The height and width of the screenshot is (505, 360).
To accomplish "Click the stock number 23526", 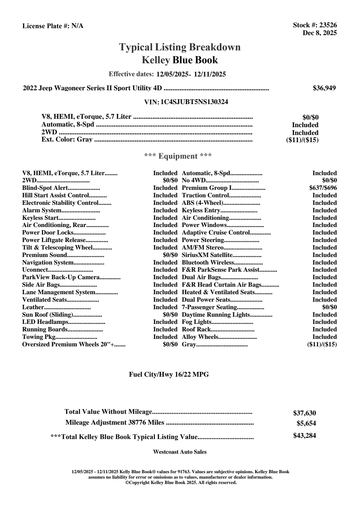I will pyautogui.click(x=328, y=25).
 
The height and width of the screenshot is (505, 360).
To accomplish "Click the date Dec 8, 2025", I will pyautogui.click(x=320, y=33).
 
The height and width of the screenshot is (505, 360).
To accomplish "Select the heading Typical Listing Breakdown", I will pyautogui.click(x=180, y=47).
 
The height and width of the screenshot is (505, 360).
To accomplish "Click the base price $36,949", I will pyautogui.click(x=324, y=88).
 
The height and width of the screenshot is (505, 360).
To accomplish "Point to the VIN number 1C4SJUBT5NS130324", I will pyautogui.click(x=194, y=102).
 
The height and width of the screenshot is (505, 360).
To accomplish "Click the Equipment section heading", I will pyautogui.click(x=178, y=156).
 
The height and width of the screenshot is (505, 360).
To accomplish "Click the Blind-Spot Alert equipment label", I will pyautogui.click(x=45, y=188).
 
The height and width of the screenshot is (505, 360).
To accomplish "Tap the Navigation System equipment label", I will pyautogui.click(x=48, y=263).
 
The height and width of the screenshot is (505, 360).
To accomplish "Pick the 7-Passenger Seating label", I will pyautogui.click(x=210, y=307).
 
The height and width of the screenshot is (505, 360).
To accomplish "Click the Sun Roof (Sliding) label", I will pyautogui.click(x=48, y=315).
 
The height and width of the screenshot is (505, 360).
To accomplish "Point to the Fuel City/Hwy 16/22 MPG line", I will pyautogui.click(x=169, y=374).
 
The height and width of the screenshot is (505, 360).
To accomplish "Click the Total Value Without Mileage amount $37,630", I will pyautogui.click(x=304, y=413).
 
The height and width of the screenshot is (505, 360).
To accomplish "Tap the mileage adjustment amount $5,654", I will pyautogui.click(x=306, y=423).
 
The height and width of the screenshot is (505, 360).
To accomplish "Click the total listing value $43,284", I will pyautogui.click(x=304, y=435).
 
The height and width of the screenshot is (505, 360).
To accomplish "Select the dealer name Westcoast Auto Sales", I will pyautogui.click(x=180, y=452).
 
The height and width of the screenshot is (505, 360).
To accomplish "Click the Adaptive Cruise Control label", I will pyautogui.click(x=216, y=233).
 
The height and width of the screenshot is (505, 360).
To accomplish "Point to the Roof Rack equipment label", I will pyautogui.click(x=196, y=330).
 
